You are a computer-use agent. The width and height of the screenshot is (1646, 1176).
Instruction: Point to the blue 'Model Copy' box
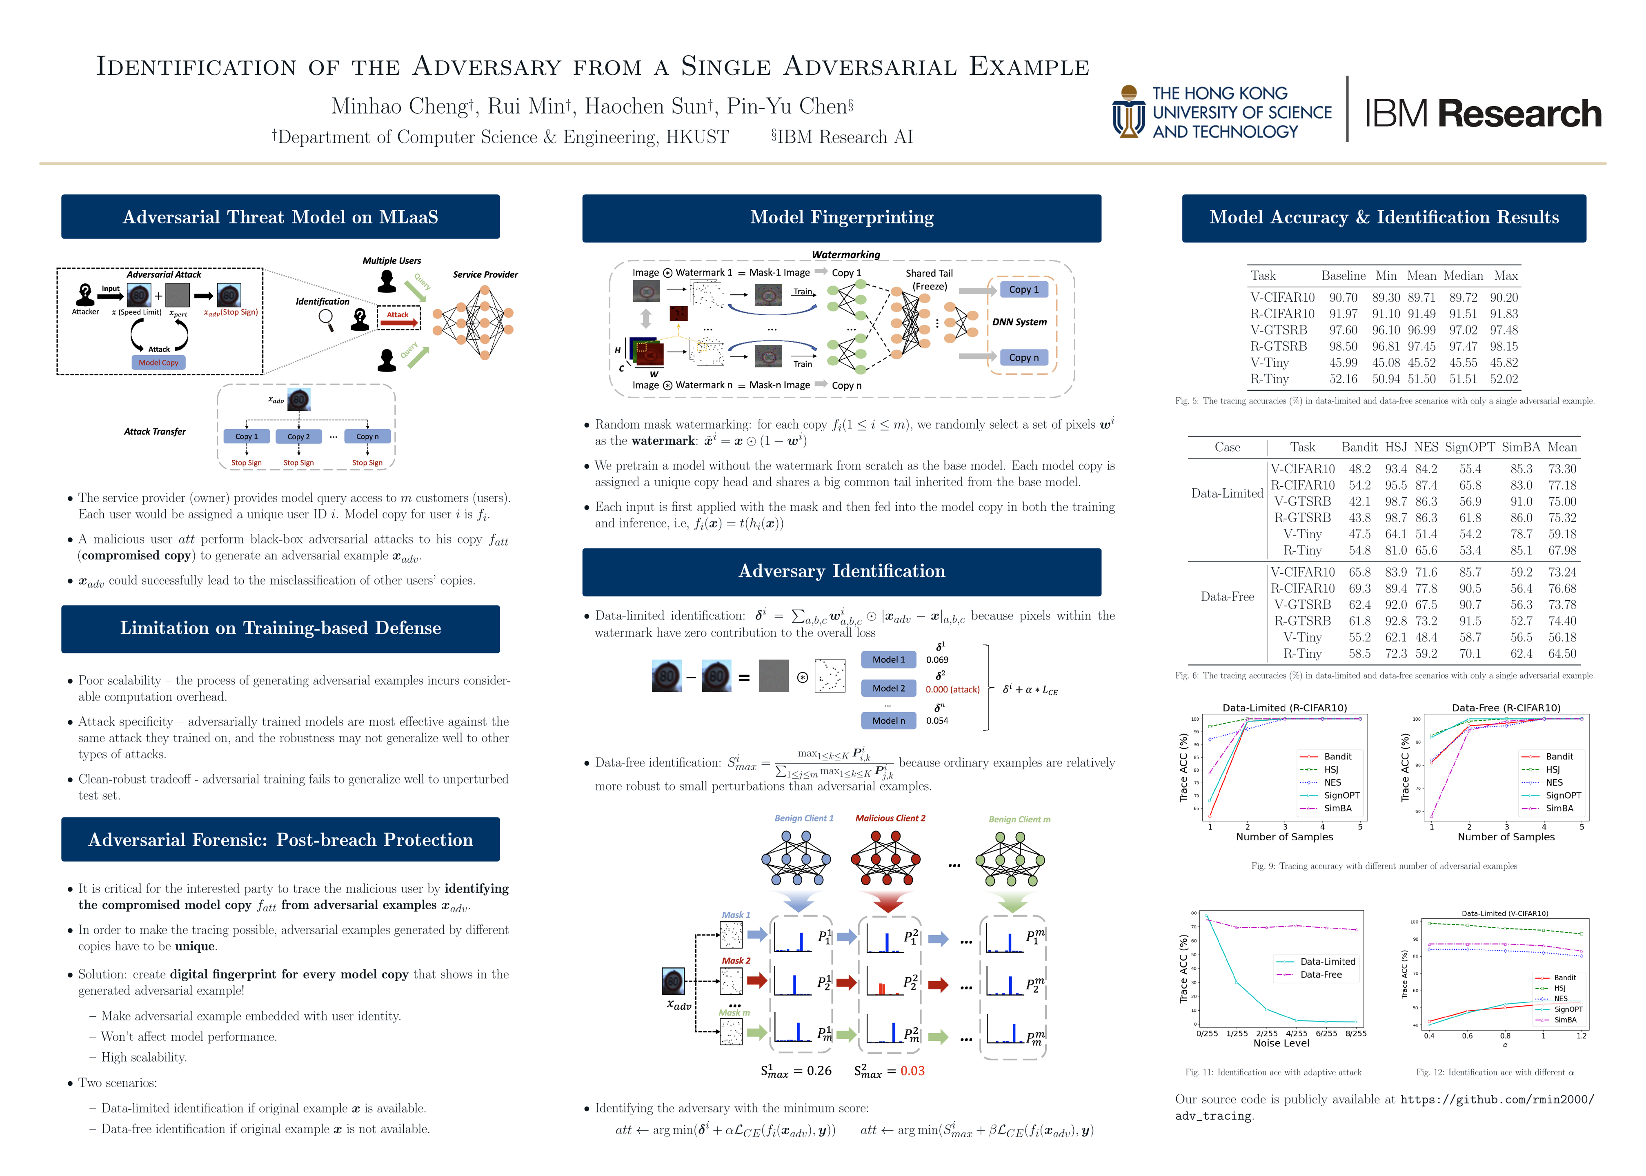click(x=158, y=363)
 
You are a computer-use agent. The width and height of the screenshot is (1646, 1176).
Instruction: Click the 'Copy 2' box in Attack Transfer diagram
click(x=298, y=437)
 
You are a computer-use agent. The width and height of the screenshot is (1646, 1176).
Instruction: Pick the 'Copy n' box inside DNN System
click(x=1023, y=358)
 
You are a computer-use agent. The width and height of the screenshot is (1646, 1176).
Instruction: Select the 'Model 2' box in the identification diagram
click(x=888, y=689)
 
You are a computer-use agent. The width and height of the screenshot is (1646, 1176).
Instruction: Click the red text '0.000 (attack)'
click(x=952, y=689)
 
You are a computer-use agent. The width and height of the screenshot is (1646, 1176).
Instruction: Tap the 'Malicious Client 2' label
click(x=890, y=818)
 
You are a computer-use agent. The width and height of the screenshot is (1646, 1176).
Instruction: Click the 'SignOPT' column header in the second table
click(x=1469, y=448)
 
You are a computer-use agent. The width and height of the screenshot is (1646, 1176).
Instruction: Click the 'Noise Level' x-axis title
click(x=1281, y=1043)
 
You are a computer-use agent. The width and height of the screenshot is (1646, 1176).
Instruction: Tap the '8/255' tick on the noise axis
click(x=1355, y=1033)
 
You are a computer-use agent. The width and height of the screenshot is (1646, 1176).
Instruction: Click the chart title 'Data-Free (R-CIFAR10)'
click(x=1506, y=708)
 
